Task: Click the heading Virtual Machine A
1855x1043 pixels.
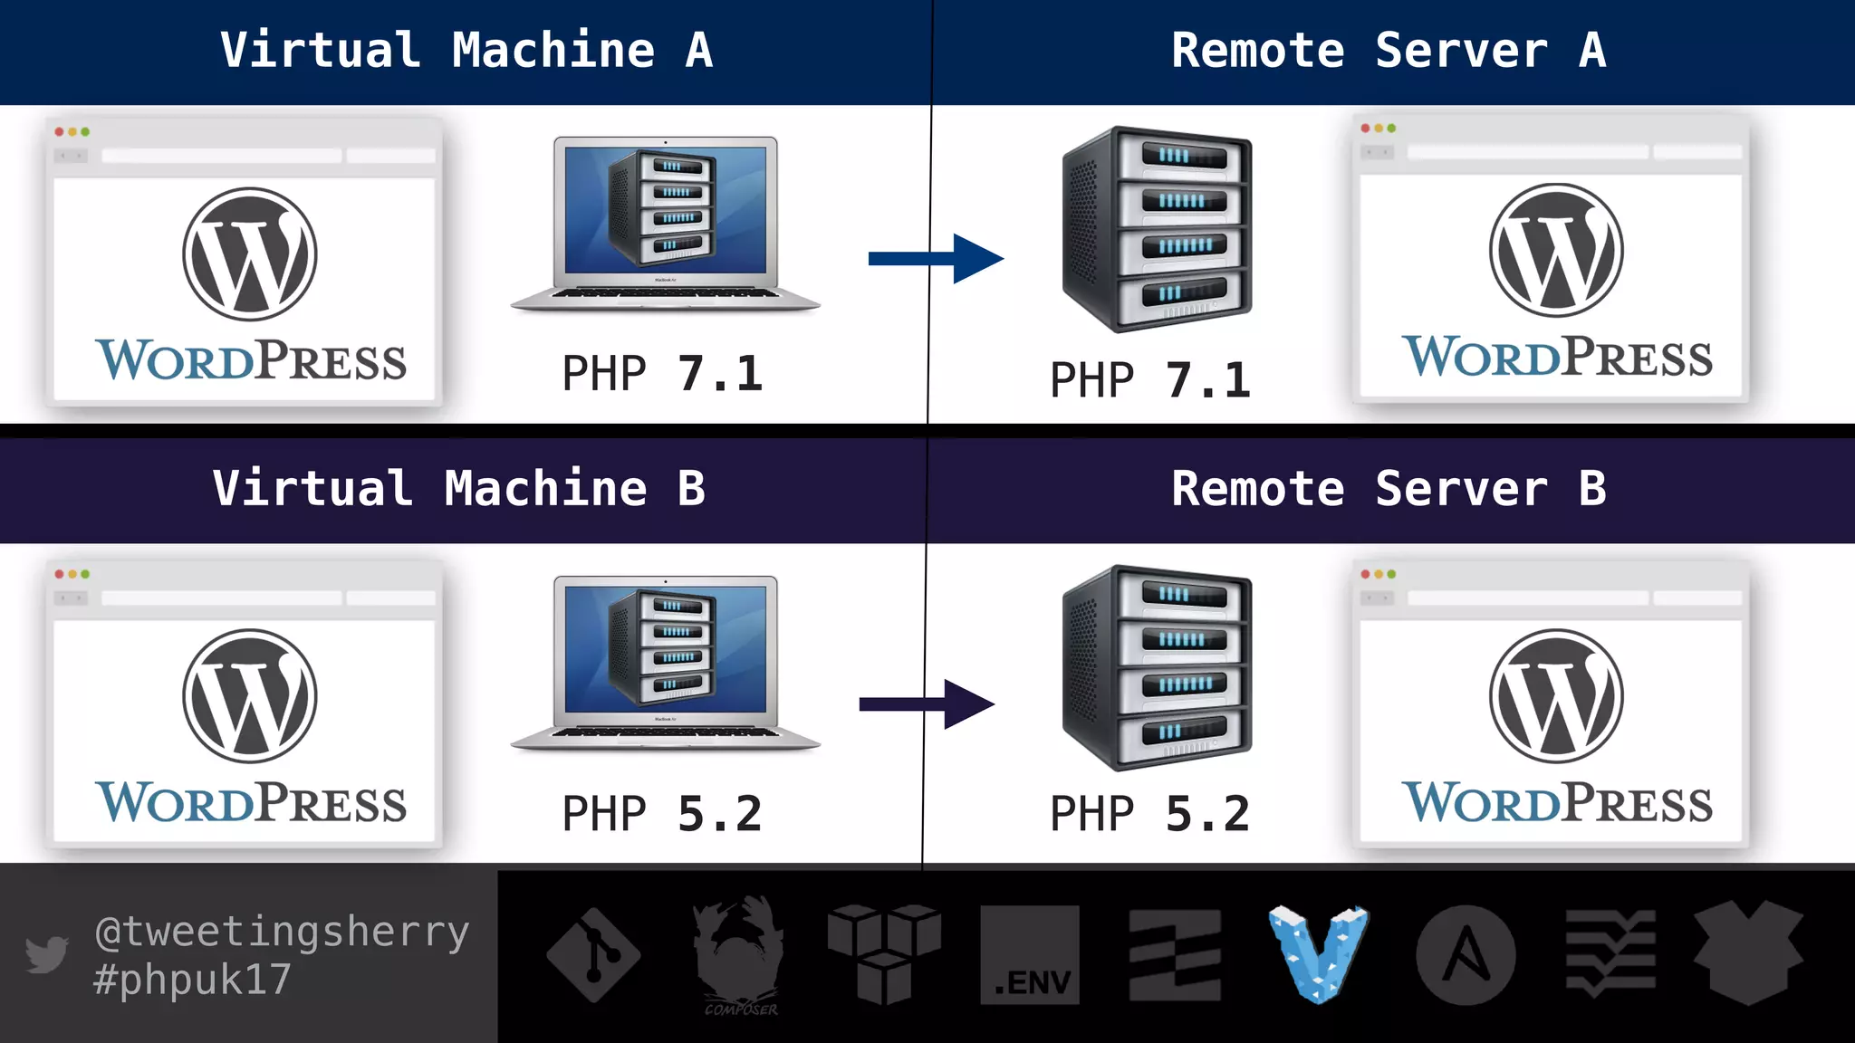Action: pyautogui.click(x=466, y=50)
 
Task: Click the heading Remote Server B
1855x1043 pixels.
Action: pyautogui.click(x=1389, y=489)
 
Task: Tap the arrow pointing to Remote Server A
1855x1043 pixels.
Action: pyautogui.click(x=937, y=259)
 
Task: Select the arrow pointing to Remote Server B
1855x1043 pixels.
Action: pyautogui.click(x=927, y=704)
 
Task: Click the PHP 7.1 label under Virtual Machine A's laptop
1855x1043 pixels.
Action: pyautogui.click(x=662, y=373)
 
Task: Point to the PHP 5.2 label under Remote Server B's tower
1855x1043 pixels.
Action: pyautogui.click(x=1149, y=813)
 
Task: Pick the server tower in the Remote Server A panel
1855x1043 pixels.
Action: pyautogui.click(x=1158, y=229)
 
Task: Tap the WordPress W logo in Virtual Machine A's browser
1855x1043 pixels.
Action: pyautogui.click(x=250, y=254)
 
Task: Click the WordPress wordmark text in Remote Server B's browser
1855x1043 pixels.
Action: pyautogui.click(x=1557, y=802)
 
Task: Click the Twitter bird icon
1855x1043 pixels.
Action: pyautogui.click(x=46, y=954)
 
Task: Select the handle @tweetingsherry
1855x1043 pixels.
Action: pyautogui.click(x=282, y=931)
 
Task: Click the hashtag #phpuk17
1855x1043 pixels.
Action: pyautogui.click(x=192, y=979)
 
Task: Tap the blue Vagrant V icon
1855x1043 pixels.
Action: pyautogui.click(x=1319, y=953)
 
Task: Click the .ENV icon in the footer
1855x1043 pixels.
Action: pyautogui.click(x=1030, y=955)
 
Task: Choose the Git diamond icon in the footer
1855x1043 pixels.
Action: pyautogui.click(x=593, y=955)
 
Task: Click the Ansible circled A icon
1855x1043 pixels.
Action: pyautogui.click(x=1466, y=955)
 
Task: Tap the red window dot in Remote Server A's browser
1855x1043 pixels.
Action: pyautogui.click(x=1365, y=129)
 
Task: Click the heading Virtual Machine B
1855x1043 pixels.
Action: pyautogui.click(x=459, y=489)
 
